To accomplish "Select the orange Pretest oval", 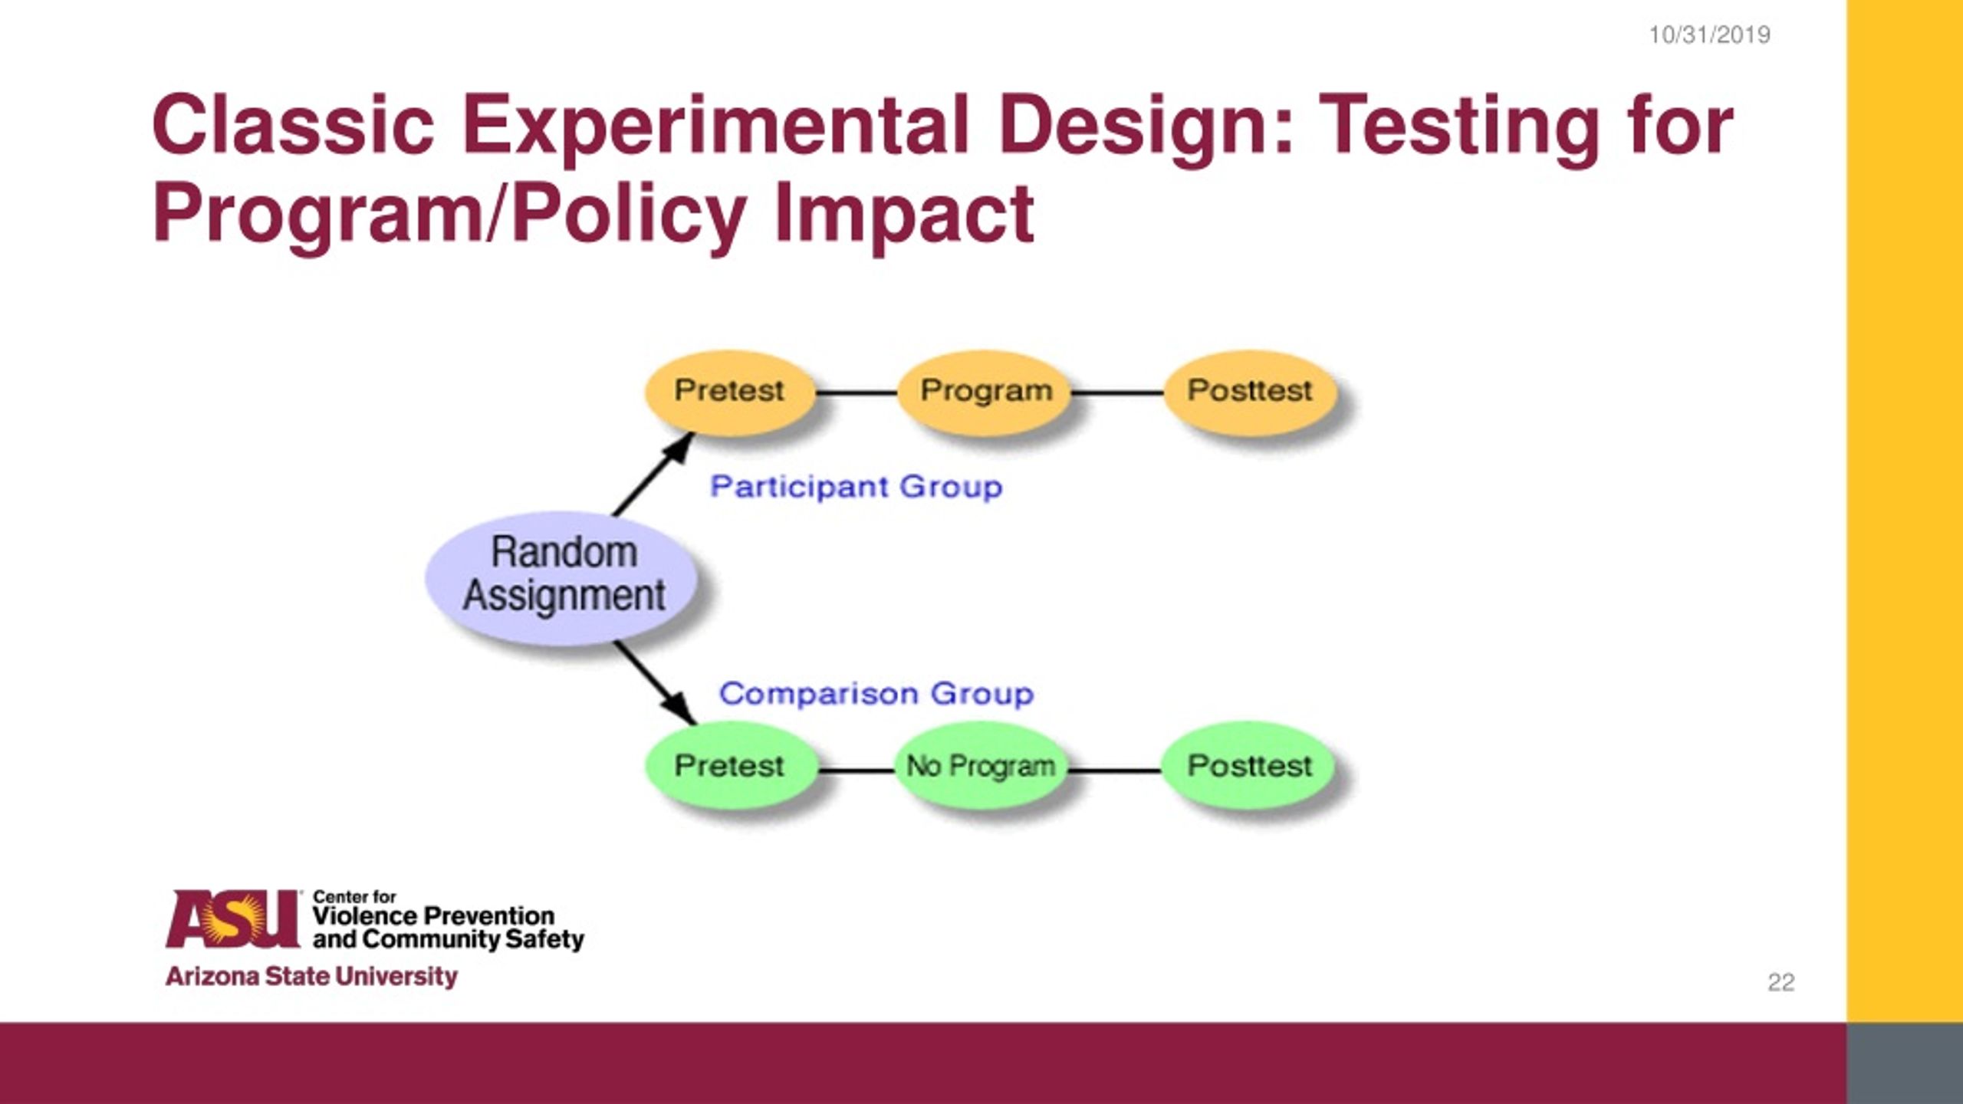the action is pos(729,392).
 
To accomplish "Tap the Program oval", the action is pos(985,392).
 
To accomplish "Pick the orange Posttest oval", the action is pos(1250,392).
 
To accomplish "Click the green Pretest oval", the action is pos(729,765).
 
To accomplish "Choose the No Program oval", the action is pos(981,765).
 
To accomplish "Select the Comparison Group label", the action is pos(876,694).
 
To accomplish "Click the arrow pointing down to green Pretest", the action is pos(656,682).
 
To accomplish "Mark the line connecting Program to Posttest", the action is pos(1117,393).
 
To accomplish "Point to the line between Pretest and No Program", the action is pos(857,769).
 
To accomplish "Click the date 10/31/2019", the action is pos(1709,35).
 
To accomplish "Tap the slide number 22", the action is pos(1781,982).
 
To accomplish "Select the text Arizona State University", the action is pos(311,977).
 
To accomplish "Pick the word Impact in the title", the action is pos(904,212).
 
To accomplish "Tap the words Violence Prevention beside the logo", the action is pos(433,916).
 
